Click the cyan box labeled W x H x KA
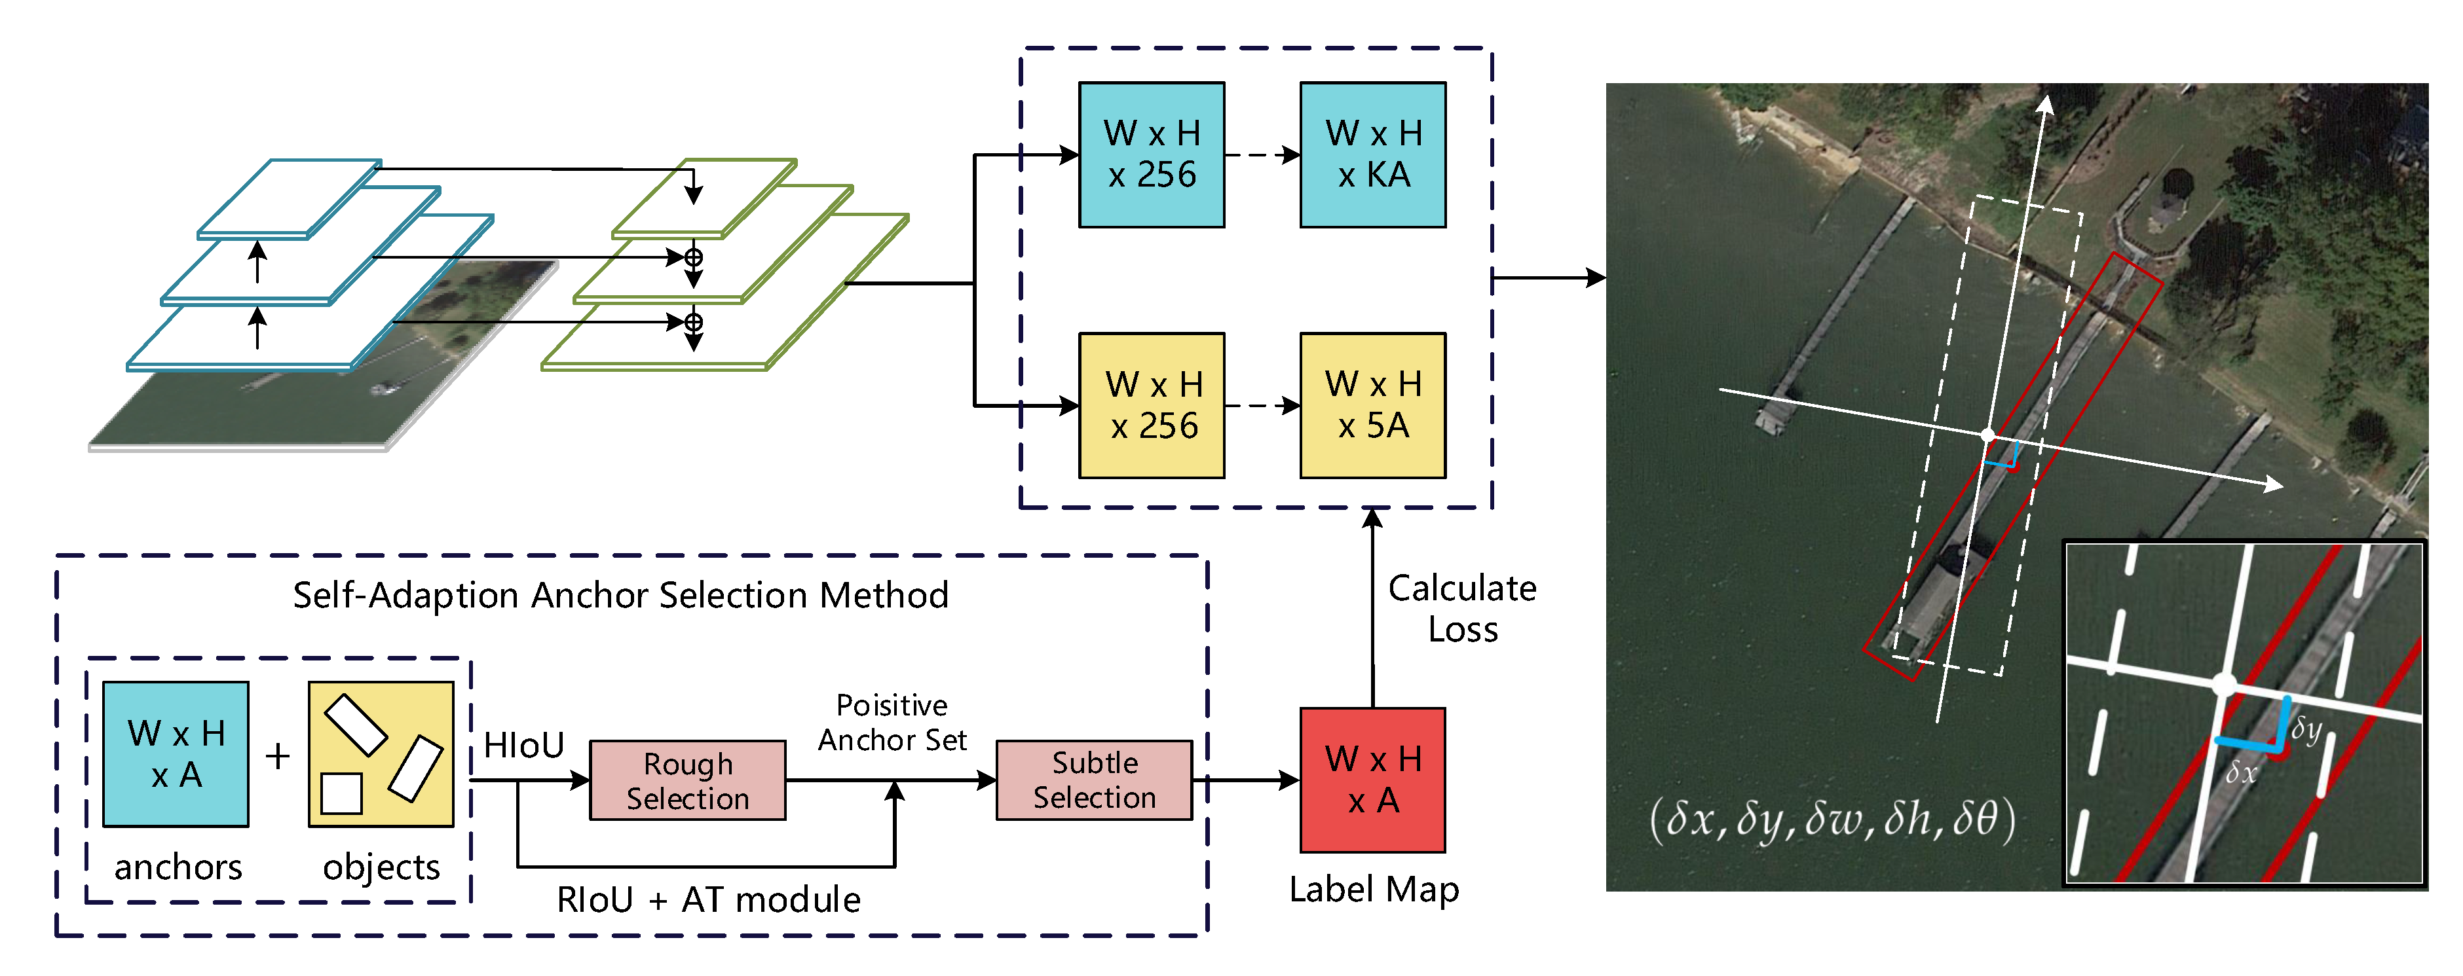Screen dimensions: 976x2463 [x=1372, y=155]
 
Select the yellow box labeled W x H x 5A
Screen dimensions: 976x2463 [x=1372, y=405]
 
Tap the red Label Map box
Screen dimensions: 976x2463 [x=1372, y=780]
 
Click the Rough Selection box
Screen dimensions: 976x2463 [x=687, y=781]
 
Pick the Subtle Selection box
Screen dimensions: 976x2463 [x=1094, y=780]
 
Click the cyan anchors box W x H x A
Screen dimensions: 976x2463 [x=176, y=754]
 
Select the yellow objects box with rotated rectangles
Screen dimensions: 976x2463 [x=381, y=754]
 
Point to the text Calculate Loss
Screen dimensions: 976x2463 [x=1462, y=609]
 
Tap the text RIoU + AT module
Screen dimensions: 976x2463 [x=709, y=899]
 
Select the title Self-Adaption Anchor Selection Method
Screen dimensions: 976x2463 [x=620, y=596]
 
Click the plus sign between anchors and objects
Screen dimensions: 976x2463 [x=278, y=756]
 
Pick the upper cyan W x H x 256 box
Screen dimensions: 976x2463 [x=1151, y=155]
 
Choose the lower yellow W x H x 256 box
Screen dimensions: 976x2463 [x=1151, y=405]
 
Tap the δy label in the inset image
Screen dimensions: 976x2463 [x=2305, y=731]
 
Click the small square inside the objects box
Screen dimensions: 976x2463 [x=341, y=793]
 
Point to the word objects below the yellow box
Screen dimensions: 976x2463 [x=381, y=867]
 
